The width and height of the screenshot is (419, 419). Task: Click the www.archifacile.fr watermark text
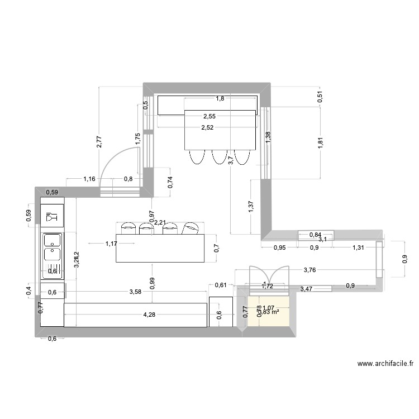[x=385, y=364]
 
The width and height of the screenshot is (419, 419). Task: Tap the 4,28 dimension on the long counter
[x=149, y=315]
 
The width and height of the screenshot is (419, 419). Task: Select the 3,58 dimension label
[x=135, y=292]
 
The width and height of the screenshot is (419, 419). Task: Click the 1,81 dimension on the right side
[x=320, y=143]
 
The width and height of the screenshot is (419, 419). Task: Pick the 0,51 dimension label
[x=320, y=96]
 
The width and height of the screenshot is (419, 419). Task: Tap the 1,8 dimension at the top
[x=220, y=99]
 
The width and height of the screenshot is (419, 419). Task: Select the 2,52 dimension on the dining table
[x=208, y=127]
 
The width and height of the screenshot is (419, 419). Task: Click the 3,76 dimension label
[x=310, y=270]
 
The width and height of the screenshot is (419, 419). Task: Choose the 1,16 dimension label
[x=89, y=179]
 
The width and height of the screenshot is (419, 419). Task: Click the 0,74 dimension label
[x=170, y=183]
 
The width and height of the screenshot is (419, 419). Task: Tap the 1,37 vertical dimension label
[x=251, y=207]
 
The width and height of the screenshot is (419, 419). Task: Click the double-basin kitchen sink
[x=53, y=247]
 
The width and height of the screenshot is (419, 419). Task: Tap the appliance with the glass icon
[x=53, y=216]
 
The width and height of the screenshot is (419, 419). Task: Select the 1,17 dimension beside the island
[x=111, y=244]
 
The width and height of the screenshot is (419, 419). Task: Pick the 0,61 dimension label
[x=221, y=285]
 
